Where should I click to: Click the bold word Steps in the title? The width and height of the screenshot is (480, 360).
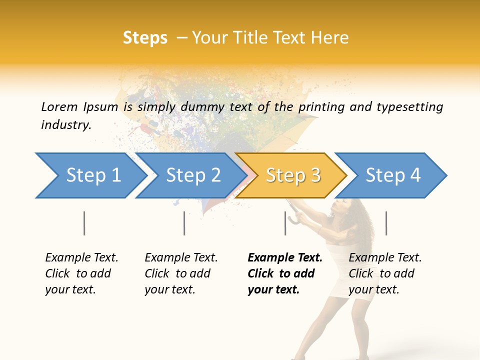(x=145, y=38)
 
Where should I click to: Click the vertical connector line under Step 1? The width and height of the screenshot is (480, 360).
(x=84, y=223)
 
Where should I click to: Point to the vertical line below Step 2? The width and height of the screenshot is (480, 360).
(x=184, y=223)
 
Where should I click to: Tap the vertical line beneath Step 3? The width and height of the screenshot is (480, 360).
(x=285, y=223)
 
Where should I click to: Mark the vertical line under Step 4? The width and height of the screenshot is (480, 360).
(x=386, y=223)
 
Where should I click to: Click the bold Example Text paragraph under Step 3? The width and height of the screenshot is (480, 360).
(x=285, y=273)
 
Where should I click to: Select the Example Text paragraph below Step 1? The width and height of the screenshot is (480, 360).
(x=81, y=273)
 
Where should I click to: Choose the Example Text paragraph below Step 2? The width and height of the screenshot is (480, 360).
(x=181, y=273)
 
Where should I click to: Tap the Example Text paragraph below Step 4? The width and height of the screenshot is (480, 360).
(x=385, y=273)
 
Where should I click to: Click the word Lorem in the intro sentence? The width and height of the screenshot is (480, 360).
(x=59, y=106)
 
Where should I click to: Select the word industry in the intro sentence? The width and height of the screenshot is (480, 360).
(x=66, y=124)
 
